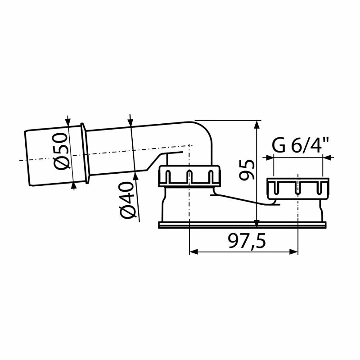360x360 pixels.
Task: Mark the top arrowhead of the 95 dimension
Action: [x=256, y=124]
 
